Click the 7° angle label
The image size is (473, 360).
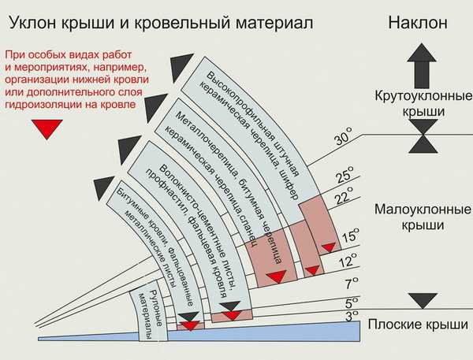coord(352,283)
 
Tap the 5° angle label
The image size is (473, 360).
coord(352,303)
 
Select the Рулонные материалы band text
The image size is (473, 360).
coord(153,314)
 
